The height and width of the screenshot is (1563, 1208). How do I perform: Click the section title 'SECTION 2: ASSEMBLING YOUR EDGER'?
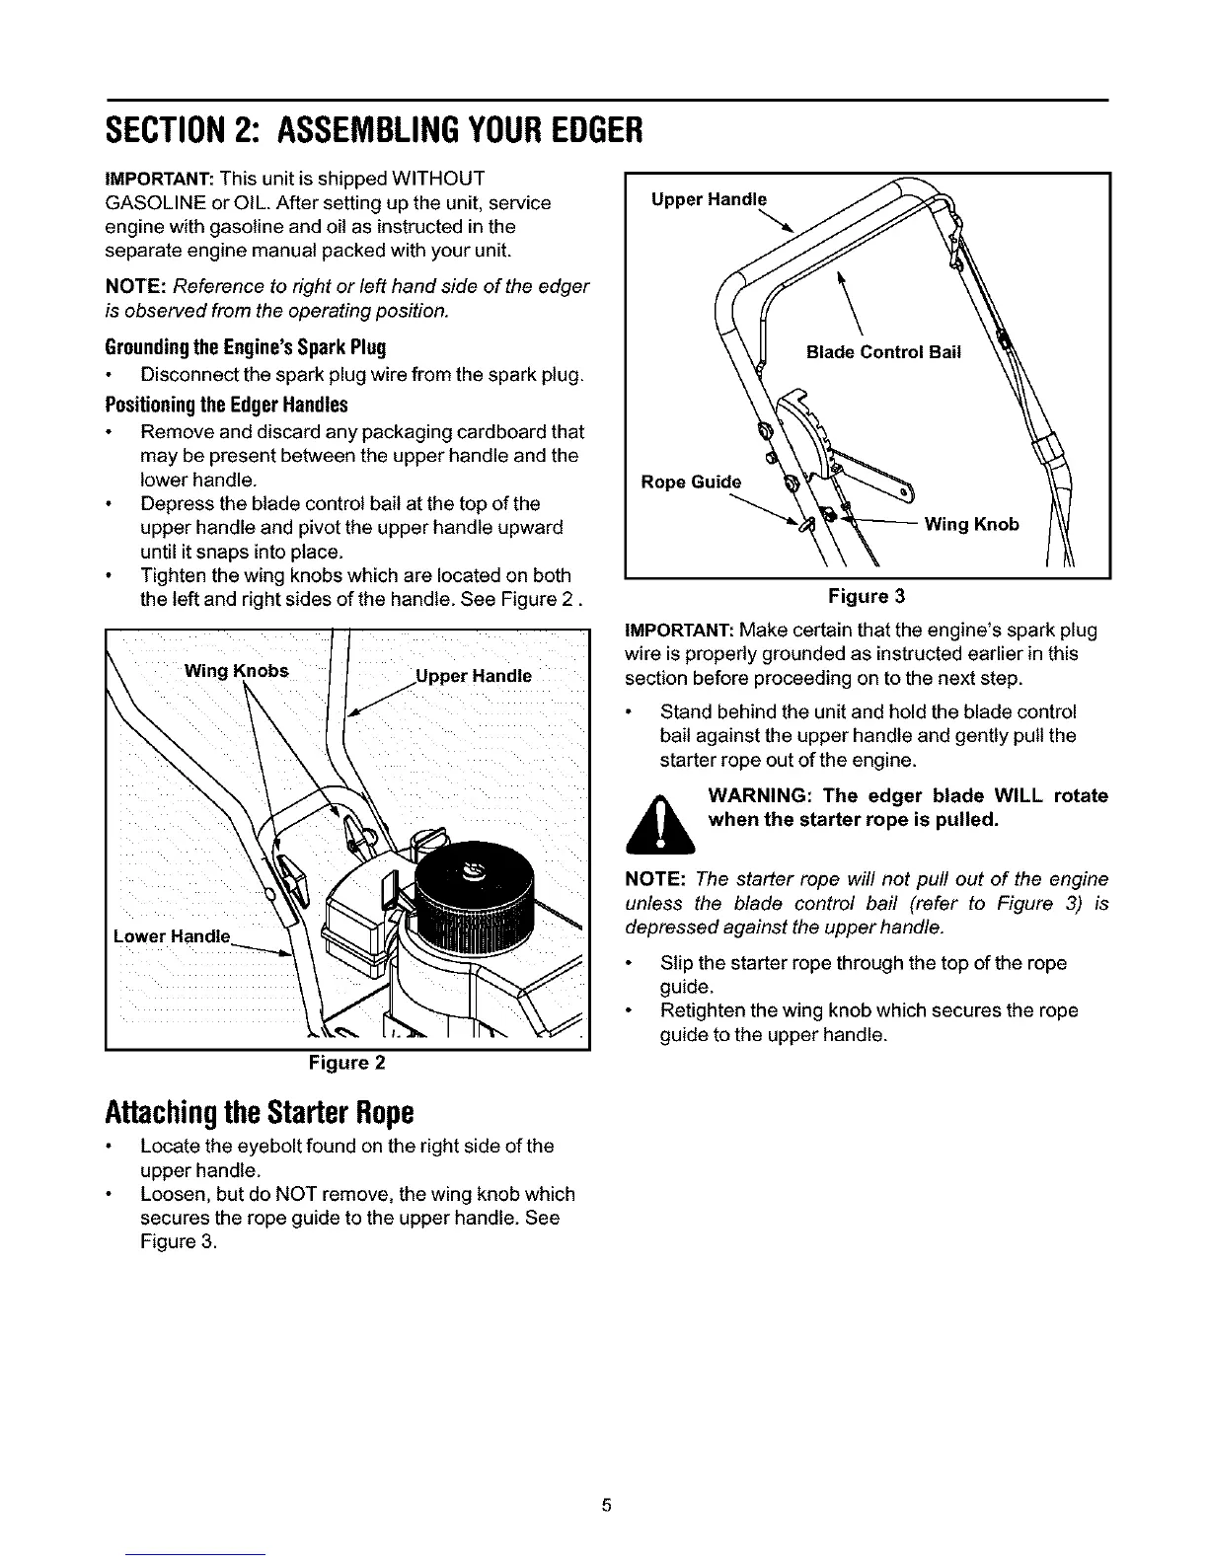(374, 129)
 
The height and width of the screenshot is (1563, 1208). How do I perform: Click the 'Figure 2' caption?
(345, 1063)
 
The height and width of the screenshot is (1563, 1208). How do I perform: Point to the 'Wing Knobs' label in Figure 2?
(237, 672)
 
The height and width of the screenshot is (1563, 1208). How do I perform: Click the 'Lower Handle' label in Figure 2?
(172, 935)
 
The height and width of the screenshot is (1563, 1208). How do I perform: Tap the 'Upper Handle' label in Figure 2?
(474, 676)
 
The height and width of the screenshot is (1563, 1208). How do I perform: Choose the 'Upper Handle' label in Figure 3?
(709, 199)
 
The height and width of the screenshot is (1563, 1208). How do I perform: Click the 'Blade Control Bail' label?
(882, 352)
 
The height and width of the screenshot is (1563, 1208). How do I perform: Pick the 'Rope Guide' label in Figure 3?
(690, 482)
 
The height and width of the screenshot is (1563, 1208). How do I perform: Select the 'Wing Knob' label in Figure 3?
(971, 524)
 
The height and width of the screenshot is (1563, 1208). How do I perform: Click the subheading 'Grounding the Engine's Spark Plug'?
(245, 347)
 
